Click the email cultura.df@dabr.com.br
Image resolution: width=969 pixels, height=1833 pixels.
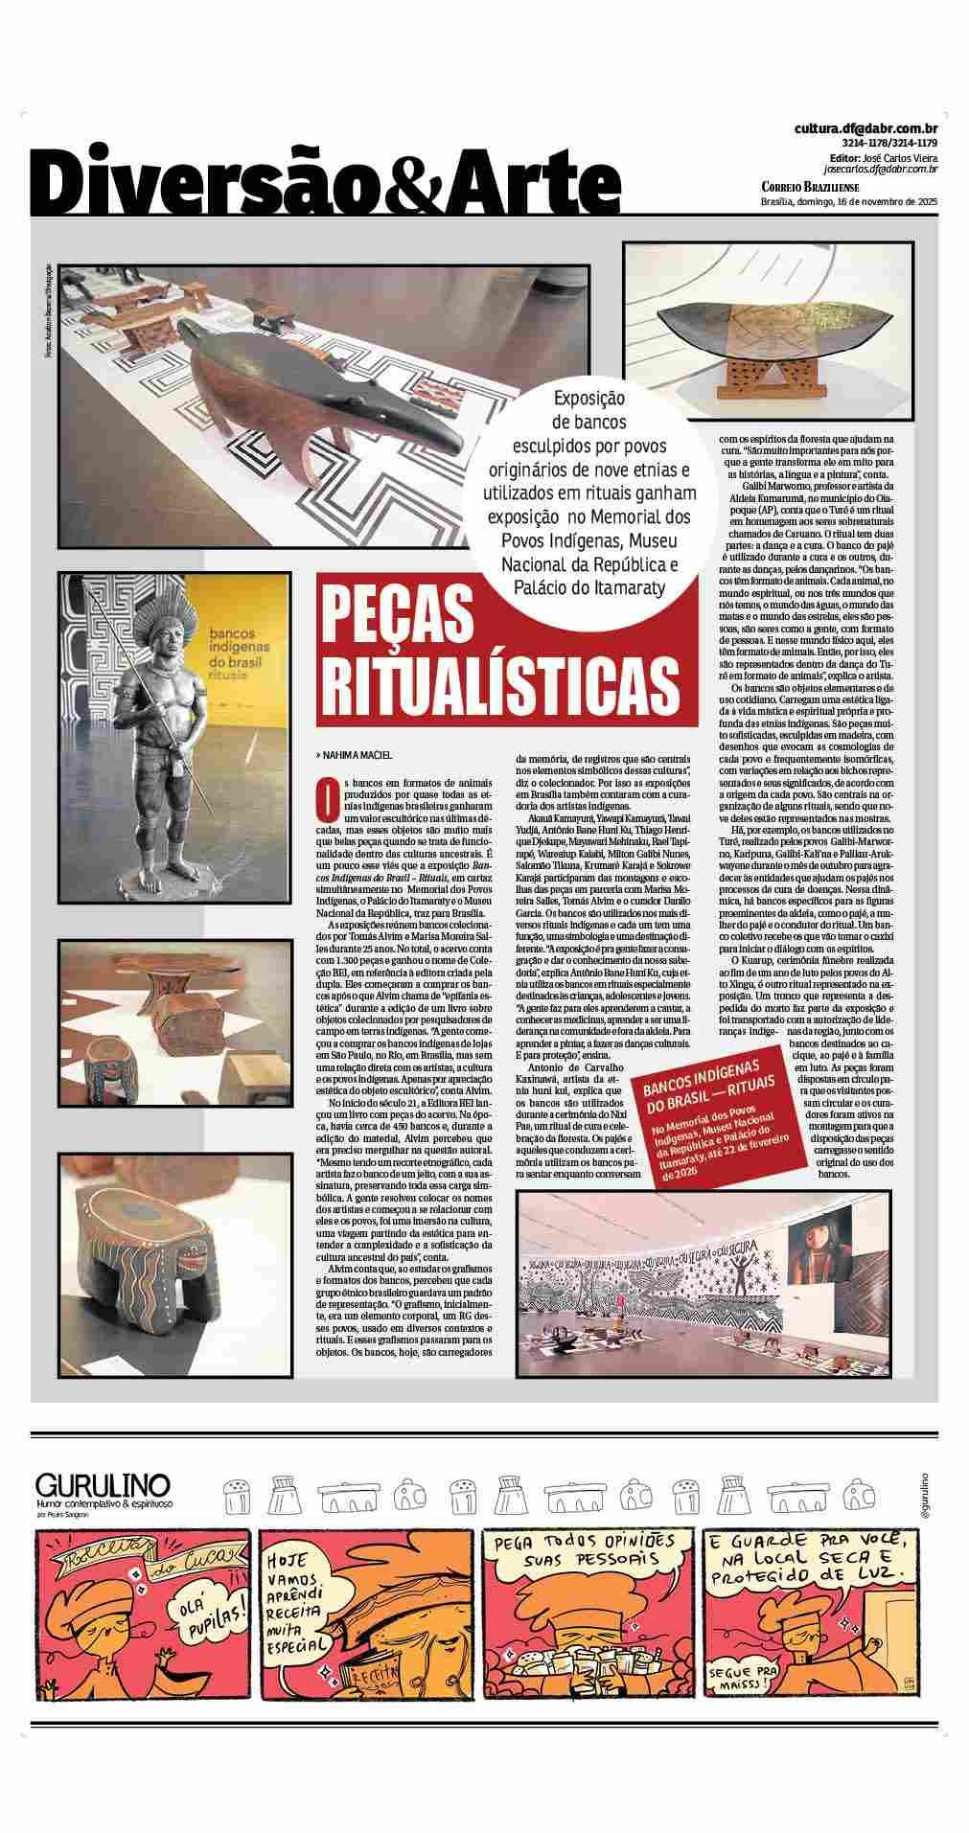click(865, 128)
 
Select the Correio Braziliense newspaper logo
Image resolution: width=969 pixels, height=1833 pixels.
click(810, 187)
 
